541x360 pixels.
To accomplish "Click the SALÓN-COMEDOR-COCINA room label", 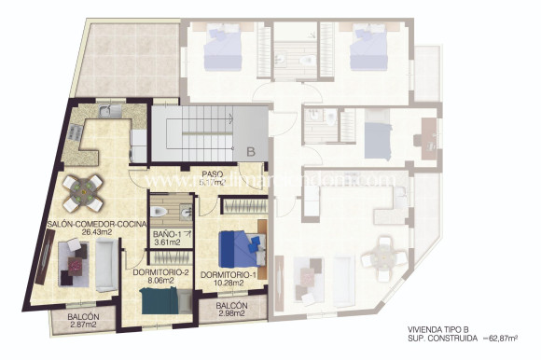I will (x=87, y=225).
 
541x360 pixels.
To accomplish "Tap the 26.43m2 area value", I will (x=88, y=234).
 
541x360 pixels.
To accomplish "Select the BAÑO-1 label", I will (x=169, y=232).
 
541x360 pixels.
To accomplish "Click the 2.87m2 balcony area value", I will (x=84, y=327).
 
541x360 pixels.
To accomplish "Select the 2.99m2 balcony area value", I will (x=231, y=314).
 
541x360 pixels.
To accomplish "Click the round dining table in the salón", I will (x=85, y=191).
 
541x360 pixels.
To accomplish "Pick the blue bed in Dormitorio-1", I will (x=238, y=247).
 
